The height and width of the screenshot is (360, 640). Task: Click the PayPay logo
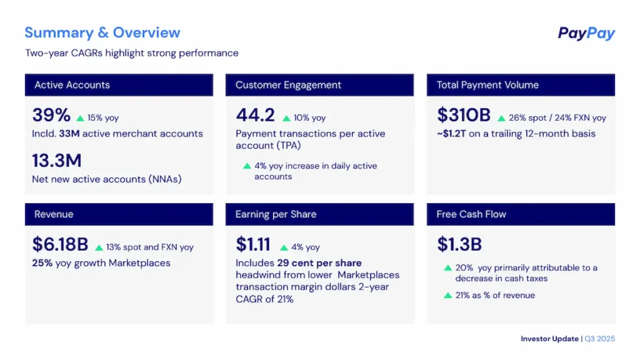(586, 34)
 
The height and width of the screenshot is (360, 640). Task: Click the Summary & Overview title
(102, 32)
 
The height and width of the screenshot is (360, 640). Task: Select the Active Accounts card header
(119, 85)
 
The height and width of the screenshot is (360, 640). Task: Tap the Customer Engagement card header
(319, 85)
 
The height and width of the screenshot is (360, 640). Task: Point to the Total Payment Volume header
(521, 85)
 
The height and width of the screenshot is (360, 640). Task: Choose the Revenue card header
(119, 214)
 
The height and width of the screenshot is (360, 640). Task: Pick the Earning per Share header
(319, 214)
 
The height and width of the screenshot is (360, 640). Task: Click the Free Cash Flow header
(521, 214)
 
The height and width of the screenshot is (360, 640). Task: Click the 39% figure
(51, 115)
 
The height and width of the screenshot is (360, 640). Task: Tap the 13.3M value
(57, 161)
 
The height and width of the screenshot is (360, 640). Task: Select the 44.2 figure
(255, 115)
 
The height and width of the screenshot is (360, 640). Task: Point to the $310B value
(464, 115)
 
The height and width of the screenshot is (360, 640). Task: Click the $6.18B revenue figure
(61, 244)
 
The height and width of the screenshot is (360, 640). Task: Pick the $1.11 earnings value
(253, 244)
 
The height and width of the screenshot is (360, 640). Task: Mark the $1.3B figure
(459, 244)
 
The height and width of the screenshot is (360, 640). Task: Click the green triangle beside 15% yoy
(80, 118)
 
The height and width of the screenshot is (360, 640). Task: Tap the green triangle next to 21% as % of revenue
(447, 295)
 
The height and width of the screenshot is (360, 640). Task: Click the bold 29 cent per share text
(319, 263)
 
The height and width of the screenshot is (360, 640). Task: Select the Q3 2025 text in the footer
(600, 339)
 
